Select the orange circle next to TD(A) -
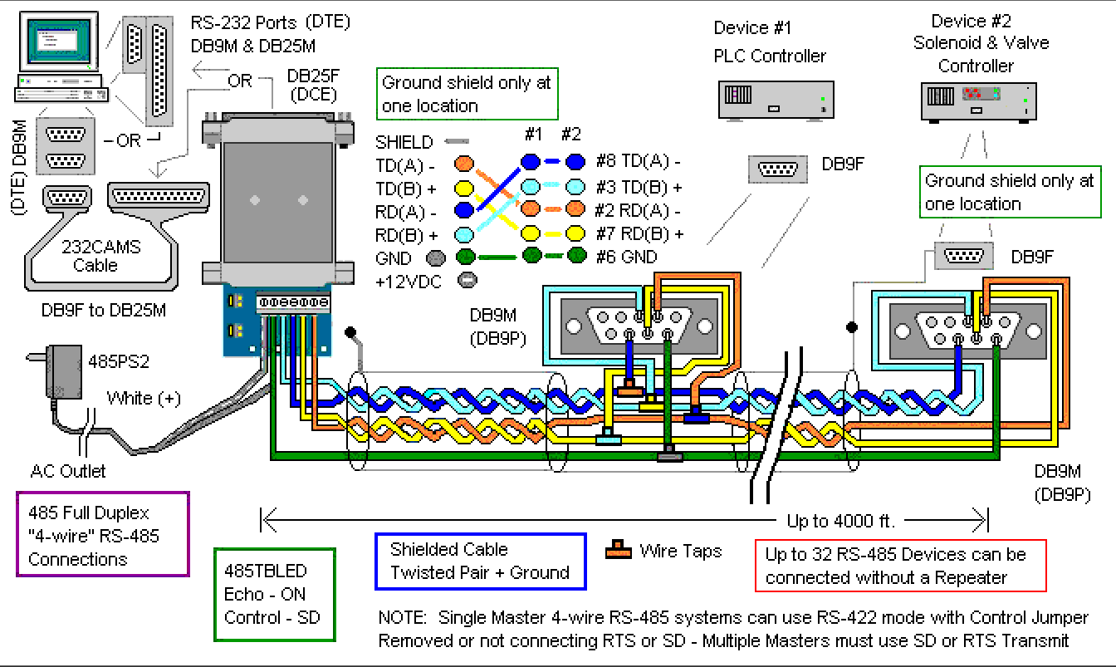tap(464, 164)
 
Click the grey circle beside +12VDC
tap(467, 281)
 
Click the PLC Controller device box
tap(774, 100)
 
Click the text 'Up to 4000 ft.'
tap(840, 522)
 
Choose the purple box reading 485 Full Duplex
tap(103, 535)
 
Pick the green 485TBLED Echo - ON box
tap(274, 594)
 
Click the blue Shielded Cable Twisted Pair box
tap(481, 561)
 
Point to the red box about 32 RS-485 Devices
tap(900, 566)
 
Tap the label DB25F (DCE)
tap(311, 85)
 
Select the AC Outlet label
tap(68, 472)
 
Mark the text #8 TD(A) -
tap(639, 163)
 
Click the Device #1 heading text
tap(752, 28)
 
